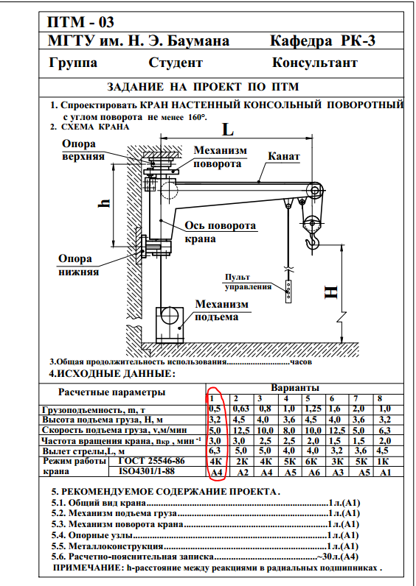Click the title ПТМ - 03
coord(80,22)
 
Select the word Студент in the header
coord(176,63)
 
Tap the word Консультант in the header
coord(314,63)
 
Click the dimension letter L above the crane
coord(228,130)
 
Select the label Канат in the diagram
coord(284,156)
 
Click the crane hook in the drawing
coord(313,241)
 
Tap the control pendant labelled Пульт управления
coord(288,291)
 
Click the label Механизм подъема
coord(221,311)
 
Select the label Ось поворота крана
coord(220,232)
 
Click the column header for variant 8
coord(380,399)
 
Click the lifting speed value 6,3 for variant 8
coord(384,431)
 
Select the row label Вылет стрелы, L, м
coord(83,451)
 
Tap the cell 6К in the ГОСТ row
coord(311,461)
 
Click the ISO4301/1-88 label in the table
coord(147,471)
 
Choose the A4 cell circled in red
coord(217,473)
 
